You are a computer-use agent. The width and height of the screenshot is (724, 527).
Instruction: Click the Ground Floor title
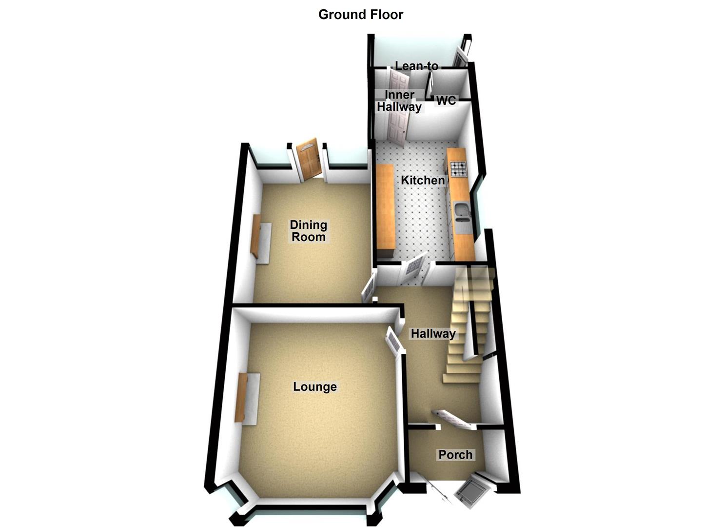[361, 15]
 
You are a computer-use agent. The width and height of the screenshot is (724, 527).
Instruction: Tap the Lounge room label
[315, 386]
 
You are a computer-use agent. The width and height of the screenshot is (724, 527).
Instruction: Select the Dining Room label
[308, 231]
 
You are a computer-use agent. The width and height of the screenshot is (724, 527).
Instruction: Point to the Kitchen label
[423, 180]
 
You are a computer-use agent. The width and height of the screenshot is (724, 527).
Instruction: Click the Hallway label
[433, 334]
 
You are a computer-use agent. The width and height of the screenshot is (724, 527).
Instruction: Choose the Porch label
[455, 454]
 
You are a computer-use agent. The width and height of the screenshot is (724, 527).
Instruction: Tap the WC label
[447, 101]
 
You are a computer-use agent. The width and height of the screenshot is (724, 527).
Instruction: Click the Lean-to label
[417, 66]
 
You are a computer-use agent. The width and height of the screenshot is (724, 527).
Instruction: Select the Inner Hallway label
[399, 101]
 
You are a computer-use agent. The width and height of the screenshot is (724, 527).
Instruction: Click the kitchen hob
[459, 169]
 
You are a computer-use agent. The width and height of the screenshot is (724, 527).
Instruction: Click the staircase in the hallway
[467, 324]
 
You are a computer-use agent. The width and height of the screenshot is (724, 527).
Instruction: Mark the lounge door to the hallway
[394, 341]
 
